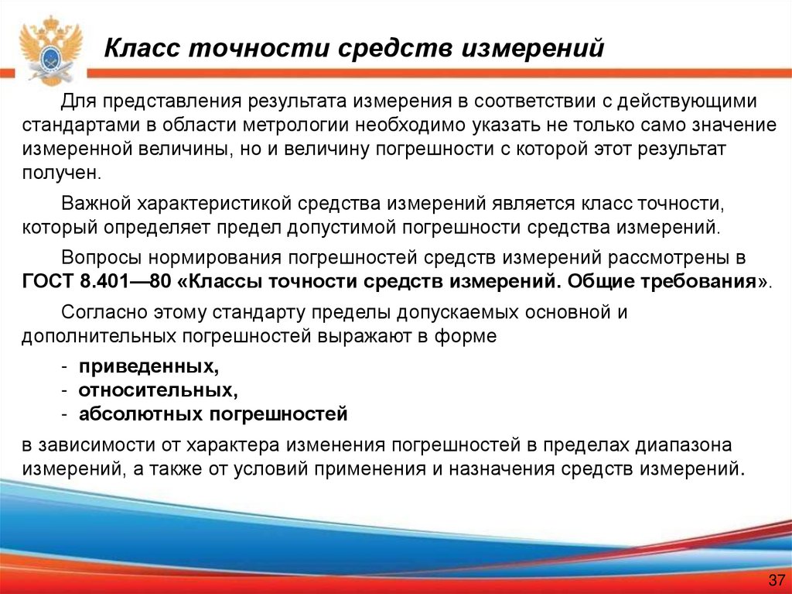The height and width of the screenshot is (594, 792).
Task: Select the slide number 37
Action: click(774, 580)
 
